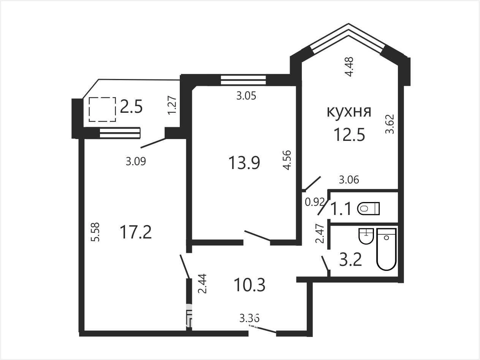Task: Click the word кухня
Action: [349, 112]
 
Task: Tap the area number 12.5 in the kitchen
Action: [349, 134]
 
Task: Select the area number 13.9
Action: [244, 163]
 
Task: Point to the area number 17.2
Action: [136, 232]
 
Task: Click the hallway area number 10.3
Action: [250, 285]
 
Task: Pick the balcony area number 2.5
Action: [131, 107]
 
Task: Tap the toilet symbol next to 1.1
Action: [369, 208]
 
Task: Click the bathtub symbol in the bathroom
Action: [387, 249]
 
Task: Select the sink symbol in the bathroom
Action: [366, 236]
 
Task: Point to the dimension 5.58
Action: [95, 232]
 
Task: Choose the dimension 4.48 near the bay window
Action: [349, 66]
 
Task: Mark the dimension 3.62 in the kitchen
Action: [390, 124]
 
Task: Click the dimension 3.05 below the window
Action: [246, 96]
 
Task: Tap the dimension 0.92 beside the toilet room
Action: [314, 202]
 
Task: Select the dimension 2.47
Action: [320, 234]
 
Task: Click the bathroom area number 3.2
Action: [350, 260]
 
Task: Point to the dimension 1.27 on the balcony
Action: [172, 105]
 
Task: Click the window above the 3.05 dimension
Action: [243, 80]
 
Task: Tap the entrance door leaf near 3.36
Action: [262, 330]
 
